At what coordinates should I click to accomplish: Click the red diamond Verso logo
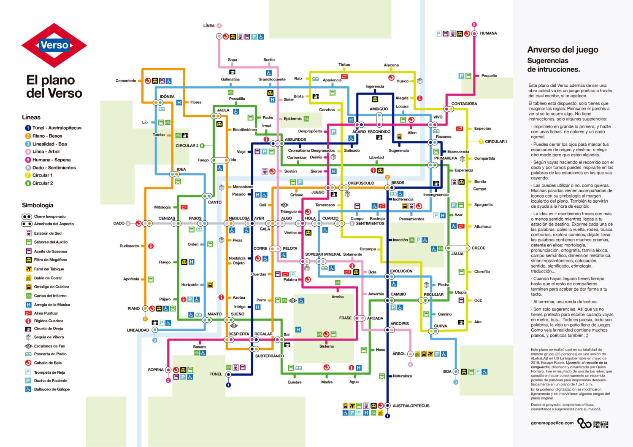click(x=54, y=45)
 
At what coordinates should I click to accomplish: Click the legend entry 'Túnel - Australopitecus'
click(x=57, y=128)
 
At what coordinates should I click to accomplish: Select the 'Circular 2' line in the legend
click(x=43, y=183)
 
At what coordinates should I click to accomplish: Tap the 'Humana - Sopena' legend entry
click(x=51, y=160)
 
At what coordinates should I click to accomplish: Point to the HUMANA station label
click(x=488, y=33)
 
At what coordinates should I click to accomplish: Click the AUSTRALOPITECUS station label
click(x=411, y=406)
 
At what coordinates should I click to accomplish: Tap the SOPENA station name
click(x=156, y=370)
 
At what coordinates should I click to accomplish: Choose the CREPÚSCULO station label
click(x=361, y=183)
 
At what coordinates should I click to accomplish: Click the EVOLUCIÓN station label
click(x=401, y=271)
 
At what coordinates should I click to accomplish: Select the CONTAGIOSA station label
click(x=464, y=104)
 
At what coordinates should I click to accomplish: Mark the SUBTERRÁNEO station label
click(x=269, y=356)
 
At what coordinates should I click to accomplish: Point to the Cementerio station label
click(x=126, y=81)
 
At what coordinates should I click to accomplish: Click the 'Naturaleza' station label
click(x=402, y=376)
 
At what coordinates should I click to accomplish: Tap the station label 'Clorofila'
click(x=482, y=272)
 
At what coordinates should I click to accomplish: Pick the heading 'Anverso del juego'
click(x=563, y=50)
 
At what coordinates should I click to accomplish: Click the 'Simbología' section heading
click(x=38, y=205)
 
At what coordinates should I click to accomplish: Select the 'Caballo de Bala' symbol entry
click(x=48, y=363)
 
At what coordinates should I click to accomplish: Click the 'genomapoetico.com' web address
click(x=552, y=423)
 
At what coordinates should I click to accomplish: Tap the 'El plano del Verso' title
click(x=54, y=86)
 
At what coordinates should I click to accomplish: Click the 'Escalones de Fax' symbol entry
click(x=49, y=346)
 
